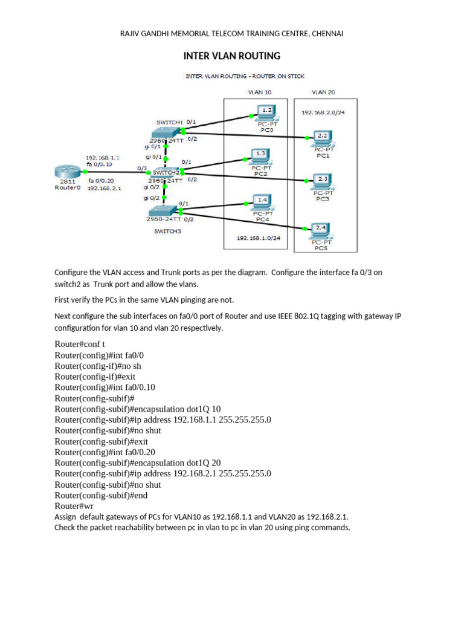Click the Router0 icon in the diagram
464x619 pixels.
(68, 172)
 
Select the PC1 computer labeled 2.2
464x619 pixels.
(321, 137)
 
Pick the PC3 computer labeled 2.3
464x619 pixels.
(321, 180)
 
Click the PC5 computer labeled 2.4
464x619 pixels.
(321, 230)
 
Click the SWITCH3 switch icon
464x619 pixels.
(163, 210)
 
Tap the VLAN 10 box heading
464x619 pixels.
(260, 92)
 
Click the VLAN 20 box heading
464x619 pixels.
(323, 92)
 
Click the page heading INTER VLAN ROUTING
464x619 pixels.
(231, 56)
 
